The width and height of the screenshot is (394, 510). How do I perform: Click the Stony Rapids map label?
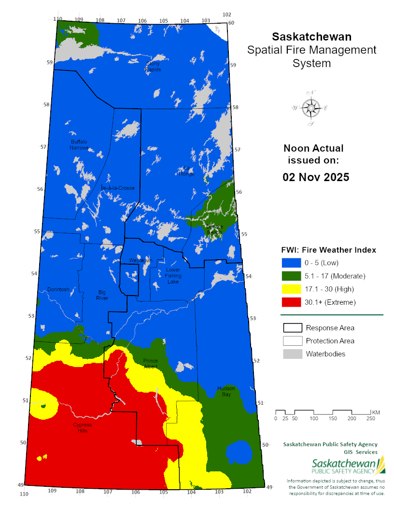pos(153,66)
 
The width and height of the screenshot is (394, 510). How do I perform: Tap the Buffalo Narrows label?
pos(79,144)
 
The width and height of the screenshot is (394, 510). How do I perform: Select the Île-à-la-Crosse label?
pos(117,188)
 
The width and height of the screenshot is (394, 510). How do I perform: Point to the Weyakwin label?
pos(141,260)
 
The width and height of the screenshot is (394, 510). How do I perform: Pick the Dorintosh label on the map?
pos(58,289)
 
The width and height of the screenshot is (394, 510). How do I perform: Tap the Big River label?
pos(102,295)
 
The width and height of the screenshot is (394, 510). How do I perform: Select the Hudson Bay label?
pos(225,391)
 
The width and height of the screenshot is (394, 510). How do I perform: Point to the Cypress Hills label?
pos(82,427)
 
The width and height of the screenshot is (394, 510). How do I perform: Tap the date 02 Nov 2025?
pos(316,177)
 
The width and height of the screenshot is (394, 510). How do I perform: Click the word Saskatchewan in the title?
pos(311,37)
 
